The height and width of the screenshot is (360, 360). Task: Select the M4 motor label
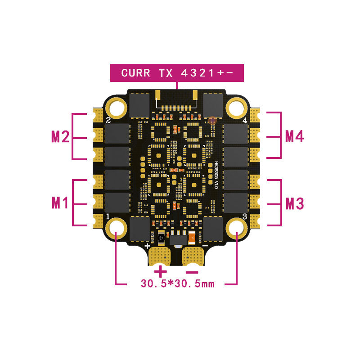[x=295, y=136]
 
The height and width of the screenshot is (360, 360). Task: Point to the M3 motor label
[x=295, y=203]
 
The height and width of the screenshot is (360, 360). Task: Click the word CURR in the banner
[x=135, y=73]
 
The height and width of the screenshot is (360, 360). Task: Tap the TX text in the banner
[x=166, y=73]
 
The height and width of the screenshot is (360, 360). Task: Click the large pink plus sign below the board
[x=161, y=271]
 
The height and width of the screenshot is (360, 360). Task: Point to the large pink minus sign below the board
[x=192, y=271]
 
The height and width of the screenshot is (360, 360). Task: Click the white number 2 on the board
[x=108, y=120]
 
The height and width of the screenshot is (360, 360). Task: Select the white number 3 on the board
[x=244, y=216]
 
